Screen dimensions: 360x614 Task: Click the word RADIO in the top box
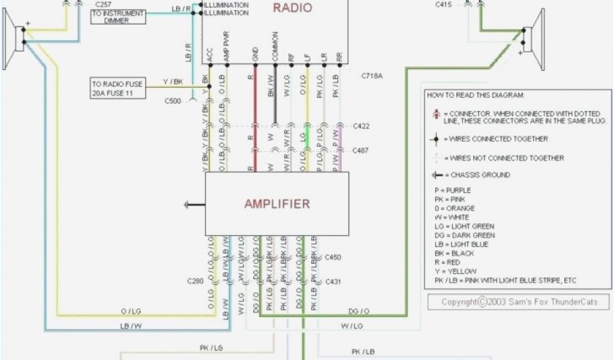click(x=292, y=8)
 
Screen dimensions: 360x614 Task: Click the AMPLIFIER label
click(x=277, y=203)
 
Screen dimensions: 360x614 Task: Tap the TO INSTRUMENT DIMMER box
click(x=118, y=17)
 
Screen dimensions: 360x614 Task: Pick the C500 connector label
click(x=173, y=101)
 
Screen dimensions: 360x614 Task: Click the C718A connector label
click(x=373, y=76)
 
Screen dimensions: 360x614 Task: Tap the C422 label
click(x=361, y=126)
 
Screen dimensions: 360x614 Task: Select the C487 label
click(x=361, y=150)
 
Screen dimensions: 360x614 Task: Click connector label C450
click(x=333, y=257)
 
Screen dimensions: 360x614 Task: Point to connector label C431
click(x=333, y=281)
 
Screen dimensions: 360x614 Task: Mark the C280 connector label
click(x=195, y=281)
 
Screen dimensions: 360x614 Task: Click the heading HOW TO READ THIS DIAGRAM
click(x=475, y=95)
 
